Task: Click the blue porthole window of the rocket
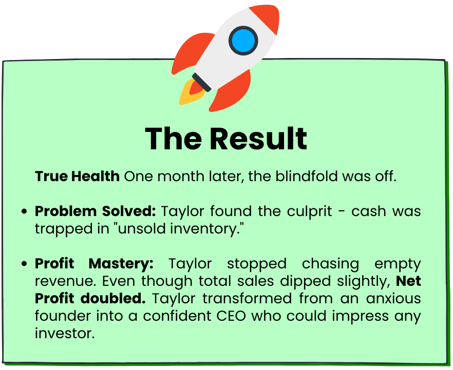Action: tap(243, 41)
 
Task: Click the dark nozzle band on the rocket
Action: tap(202, 82)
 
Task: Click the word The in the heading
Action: tap(174, 139)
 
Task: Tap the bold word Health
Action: tap(96, 176)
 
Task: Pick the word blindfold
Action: tap(306, 176)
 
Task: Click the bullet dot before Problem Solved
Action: tap(24, 211)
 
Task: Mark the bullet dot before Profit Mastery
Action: tap(24, 263)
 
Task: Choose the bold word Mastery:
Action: tap(121, 264)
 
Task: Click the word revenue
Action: tap(65, 281)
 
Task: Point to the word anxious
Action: tap(393, 299)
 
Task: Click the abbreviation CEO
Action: tap(231, 316)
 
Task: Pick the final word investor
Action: tap(65, 334)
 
